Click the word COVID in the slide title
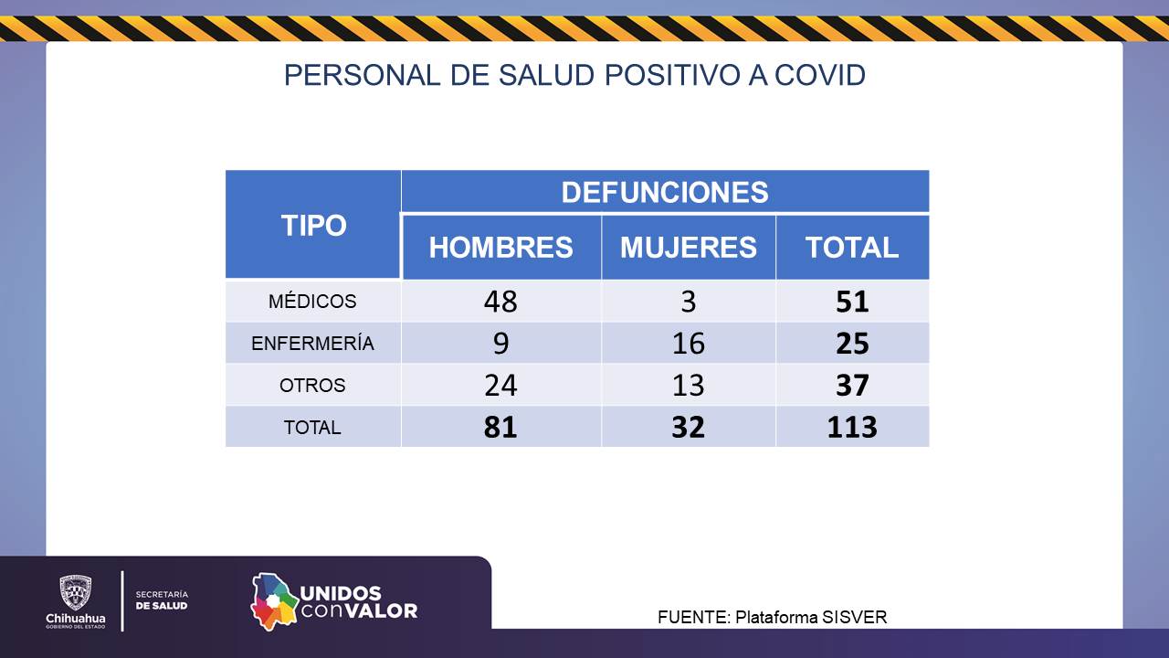click(819, 75)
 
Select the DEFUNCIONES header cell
click(664, 192)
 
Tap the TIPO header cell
click(313, 226)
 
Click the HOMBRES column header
click(500, 247)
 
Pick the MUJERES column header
click(688, 247)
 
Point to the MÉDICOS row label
click(312, 301)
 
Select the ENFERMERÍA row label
click(312, 344)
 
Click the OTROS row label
click(312, 386)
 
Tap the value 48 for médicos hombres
click(500, 302)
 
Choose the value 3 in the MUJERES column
click(688, 302)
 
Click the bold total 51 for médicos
click(851, 302)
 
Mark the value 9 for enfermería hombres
click(500, 344)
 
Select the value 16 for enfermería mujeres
click(688, 344)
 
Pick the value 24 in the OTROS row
click(500, 386)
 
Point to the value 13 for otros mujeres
click(688, 386)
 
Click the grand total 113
click(851, 427)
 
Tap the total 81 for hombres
click(500, 427)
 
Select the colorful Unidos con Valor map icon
click(274, 600)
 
